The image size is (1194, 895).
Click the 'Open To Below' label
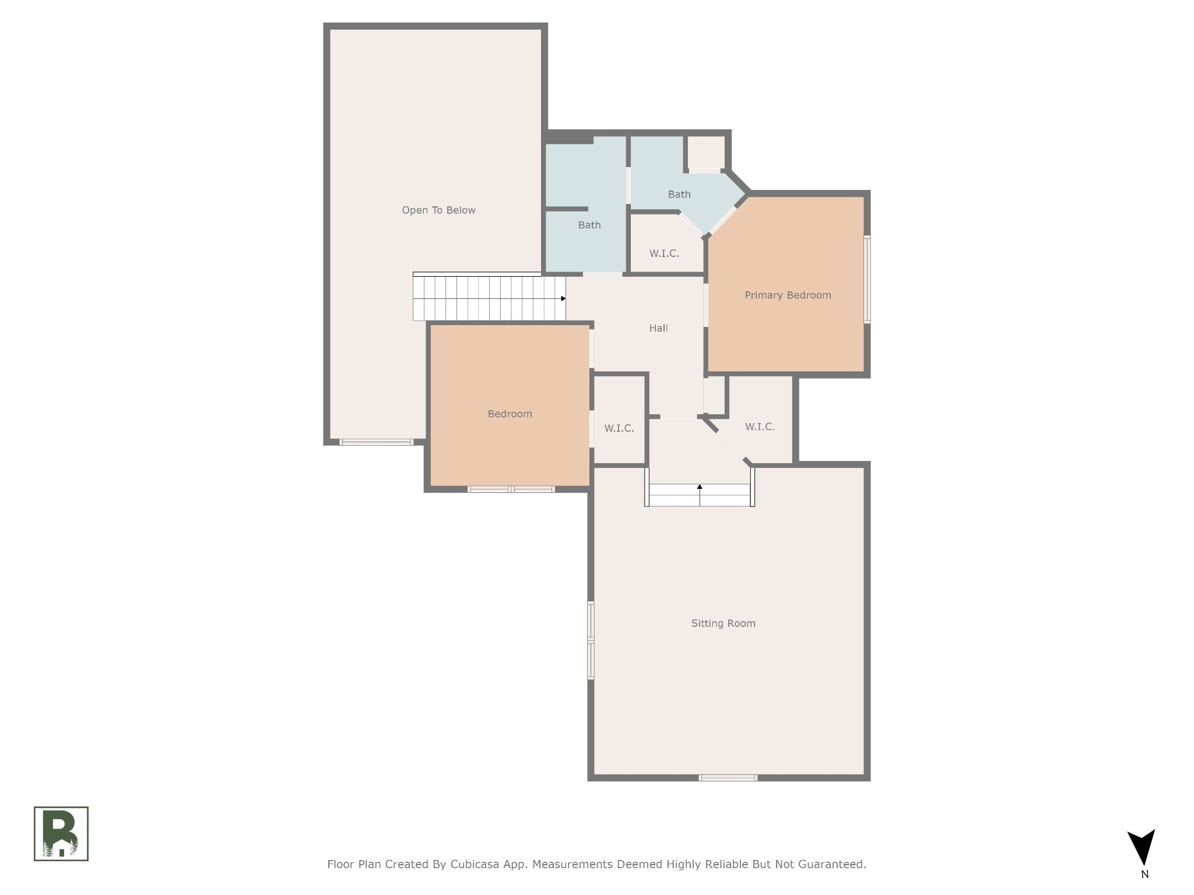pyautogui.click(x=438, y=210)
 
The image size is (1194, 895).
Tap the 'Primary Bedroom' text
pyautogui.click(x=788, y=295)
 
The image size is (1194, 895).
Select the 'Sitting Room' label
pyautogui.click(x=723, y=623)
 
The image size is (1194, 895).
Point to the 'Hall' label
pyautogui.click(x=658, y=328)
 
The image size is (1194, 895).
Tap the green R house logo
pyautogui.click(x=61, y=833)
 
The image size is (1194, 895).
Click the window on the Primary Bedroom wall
pyautogui.click(x=867, y=279)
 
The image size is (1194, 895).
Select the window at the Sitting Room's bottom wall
pyautogui.click(x=728, y=778)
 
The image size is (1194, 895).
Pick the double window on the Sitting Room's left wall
pyautogui.click(x=591, y=640)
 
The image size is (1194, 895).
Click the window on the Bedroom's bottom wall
pyautogui.click(x=511, y=489)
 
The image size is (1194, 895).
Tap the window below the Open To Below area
pyautogui.click(x=377, y=442)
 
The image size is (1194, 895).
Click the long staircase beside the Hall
pyautogui.click(x=489, y=297)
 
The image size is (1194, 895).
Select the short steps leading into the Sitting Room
pyautogui.click(x=700, y=495)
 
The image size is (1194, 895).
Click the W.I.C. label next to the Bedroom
pyautogui.click(x=619, y=428)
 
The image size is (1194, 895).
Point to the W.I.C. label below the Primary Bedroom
pyautogui.click(x=760, y=427)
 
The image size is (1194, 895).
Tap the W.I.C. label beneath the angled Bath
pyautogui.click(x=664, y=253)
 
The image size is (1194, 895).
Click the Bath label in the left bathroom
pyautogui.click(x=589, y=225)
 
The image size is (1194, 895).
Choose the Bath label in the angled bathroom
pyautogui.click(x=679, y=194)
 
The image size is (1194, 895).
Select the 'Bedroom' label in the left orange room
pyautogui.click(x=510, y=414)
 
